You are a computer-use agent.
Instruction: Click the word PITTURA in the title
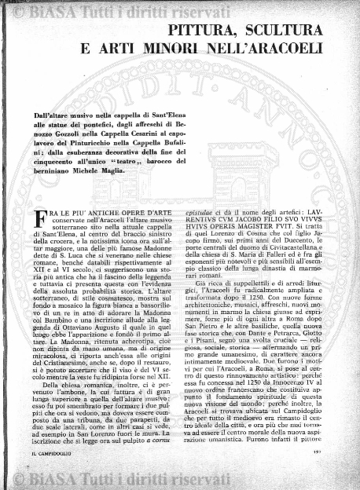204,31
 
